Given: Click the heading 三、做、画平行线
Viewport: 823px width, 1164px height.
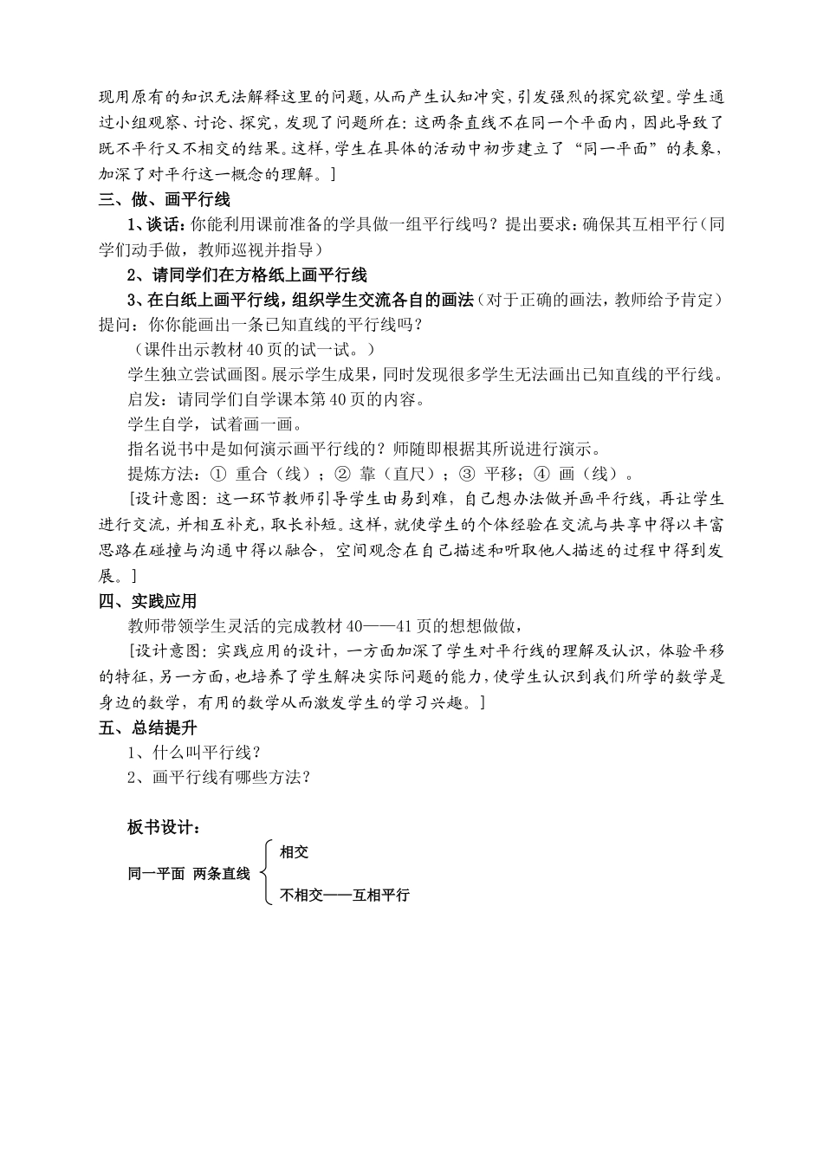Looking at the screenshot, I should [165, 200].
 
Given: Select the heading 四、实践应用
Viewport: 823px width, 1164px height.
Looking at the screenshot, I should [148, 601].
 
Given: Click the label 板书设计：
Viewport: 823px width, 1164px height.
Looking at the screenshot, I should [165, 827].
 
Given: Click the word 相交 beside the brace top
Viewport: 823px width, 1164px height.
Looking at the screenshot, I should [295, 852].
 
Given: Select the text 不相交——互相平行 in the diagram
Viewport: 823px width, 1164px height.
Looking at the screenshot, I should [345, 896].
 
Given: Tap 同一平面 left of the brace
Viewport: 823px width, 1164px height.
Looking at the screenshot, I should [156, 874].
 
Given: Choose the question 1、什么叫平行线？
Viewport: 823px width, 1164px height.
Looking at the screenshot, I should [195, 753].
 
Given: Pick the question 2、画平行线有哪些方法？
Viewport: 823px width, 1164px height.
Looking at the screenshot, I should [218, 778].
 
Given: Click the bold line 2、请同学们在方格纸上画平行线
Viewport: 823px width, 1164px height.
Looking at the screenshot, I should [247, 275].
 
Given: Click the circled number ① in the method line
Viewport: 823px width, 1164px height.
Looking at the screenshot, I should [217, 475].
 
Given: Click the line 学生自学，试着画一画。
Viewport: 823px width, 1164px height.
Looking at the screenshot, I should [215, 424].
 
